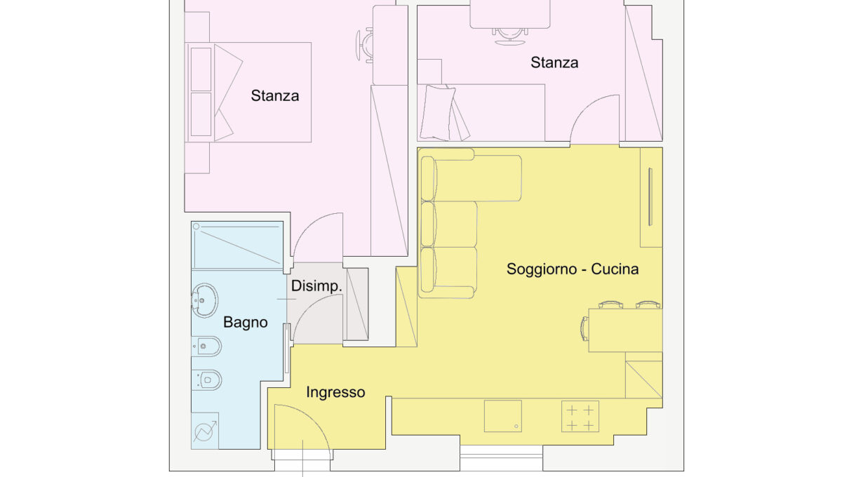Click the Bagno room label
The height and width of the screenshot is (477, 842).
point(245,323)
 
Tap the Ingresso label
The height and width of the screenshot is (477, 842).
point(335,392)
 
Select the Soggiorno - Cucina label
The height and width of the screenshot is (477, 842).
point(573,269)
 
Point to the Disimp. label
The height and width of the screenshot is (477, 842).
point(316,286)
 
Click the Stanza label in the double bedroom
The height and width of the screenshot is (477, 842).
point(275,96)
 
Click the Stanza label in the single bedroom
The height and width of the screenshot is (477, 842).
point(554,62)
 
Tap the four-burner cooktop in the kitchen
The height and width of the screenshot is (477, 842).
point(580,416)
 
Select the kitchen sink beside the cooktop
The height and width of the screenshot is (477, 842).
point(502,416)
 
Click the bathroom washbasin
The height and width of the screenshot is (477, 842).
point(204,300)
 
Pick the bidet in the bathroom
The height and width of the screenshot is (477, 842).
point(206,347)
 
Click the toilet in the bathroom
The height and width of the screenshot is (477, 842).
point(206,379)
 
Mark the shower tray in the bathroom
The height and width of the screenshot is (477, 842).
point(237,245)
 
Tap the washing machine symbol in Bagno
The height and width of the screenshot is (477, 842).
point(205,431)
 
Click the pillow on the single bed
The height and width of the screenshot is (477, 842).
point(438,112)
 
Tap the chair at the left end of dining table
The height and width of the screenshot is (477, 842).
point(584,329)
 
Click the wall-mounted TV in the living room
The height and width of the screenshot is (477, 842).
point(650,197)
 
